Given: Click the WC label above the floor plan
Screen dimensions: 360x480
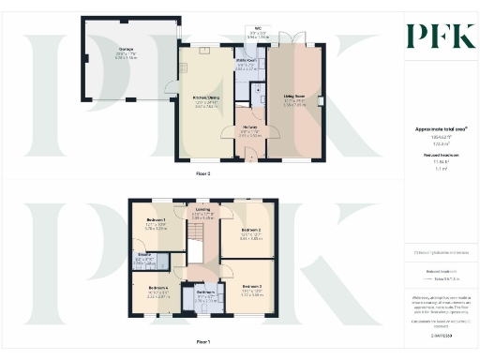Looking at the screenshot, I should click(x=256, y=29).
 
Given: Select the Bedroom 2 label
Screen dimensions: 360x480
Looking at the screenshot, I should click(x=250, y=230).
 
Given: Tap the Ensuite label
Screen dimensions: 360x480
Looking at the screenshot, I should click(x=145, y=255).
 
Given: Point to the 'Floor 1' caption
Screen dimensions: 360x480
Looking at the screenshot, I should click(x=202, y=342).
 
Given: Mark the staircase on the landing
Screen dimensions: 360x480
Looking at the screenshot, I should click(x=197, y=251).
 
